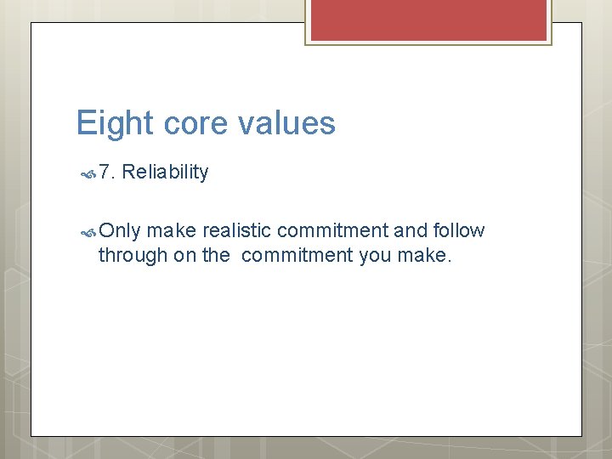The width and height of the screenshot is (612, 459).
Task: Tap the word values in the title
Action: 286,124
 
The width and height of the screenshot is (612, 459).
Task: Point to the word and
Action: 408,231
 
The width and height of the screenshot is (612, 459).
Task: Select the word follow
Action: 459,231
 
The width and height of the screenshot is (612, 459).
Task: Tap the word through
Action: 133,255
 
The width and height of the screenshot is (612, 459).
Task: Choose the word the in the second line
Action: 216,255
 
